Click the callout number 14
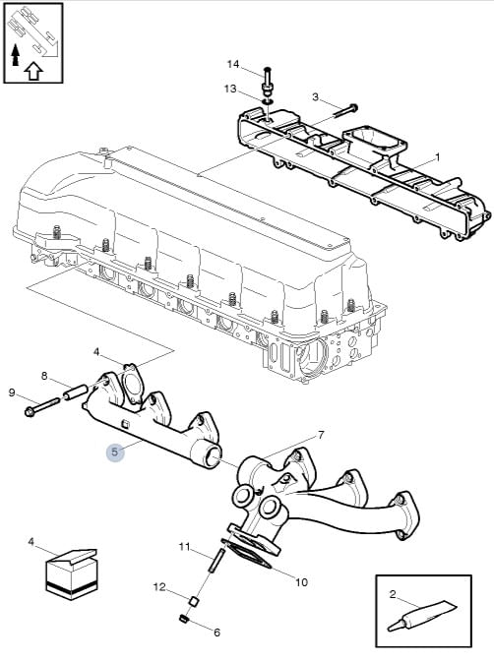[x=233, y=64]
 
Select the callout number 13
[x=230, y=90]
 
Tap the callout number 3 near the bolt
[x=315, y=96]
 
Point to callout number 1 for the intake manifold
[x=438, y=157]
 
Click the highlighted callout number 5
[x=115, y=452]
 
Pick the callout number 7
[x=321, y=435]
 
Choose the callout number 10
[x=301, y=582]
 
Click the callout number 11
[x=184, y=547]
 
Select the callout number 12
[x=159, y=587]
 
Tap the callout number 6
[x=216, y=633]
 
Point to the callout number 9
[x=12, y=392]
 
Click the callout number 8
[x=44, y=376]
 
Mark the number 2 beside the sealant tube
[x=393, y=594]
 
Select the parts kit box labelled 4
[x=71, y=573]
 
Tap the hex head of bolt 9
[x=31, y=411]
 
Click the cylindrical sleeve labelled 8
[x=75, y=392]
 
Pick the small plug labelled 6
[x=184, y=619]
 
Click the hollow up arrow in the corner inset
[x=33, y=71]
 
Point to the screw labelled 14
[x=268, y=82]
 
